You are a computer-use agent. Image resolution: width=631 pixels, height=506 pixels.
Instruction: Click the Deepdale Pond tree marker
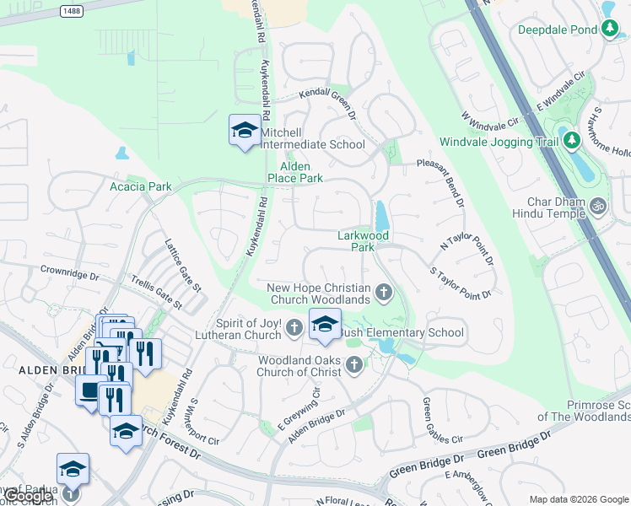[609, 29]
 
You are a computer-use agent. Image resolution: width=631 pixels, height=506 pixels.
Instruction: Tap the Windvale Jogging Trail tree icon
[571, 140]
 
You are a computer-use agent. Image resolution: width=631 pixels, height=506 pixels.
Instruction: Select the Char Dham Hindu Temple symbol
[598, 205]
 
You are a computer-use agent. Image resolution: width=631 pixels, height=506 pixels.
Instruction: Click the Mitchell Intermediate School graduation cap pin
[245, 130]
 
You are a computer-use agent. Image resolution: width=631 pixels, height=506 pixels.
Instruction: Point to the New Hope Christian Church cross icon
[385, 293]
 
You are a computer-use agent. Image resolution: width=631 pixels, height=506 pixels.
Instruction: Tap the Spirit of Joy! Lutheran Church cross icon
[294, 327]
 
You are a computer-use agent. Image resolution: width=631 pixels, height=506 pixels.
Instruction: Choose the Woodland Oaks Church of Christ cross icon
[354, 365]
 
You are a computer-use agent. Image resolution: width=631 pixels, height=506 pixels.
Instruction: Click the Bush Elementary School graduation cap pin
[325, 325]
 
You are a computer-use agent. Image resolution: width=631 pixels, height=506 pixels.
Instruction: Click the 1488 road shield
[73, 11]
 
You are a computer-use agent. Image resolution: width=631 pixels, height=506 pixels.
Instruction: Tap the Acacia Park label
[141, 186]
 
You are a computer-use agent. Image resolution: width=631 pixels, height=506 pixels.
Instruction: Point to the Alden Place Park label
[295, 172]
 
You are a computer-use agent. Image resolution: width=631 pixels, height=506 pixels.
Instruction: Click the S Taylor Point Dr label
[461, 284]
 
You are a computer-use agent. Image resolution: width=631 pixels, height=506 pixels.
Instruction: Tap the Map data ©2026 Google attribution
[578, 498]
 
